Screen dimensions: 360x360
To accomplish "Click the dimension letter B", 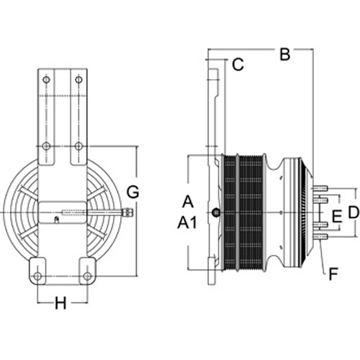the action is [285, 54].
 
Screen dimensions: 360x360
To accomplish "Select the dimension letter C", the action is [238, 65].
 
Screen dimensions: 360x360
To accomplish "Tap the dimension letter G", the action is [132, 192].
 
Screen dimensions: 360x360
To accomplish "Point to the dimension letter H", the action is [60, 303].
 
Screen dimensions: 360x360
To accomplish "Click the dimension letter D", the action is [354, 212].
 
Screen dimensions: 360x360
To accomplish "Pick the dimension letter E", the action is [337, 215].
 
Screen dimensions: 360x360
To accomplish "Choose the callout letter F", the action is [333, 274].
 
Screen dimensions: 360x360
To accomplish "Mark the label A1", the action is [187, 222].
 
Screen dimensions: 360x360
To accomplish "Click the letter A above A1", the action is [188, 202].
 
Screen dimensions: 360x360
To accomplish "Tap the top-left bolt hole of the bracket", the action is [46, 79].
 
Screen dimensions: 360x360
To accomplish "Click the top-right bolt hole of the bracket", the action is [78, 79].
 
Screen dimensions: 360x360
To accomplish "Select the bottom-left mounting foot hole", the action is [37, 276].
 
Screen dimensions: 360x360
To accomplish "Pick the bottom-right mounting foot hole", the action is [88, 276].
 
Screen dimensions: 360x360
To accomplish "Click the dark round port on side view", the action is [216, 212].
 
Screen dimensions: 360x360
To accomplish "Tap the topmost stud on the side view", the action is [320, 188].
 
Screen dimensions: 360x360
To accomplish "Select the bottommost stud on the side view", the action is [320, 237].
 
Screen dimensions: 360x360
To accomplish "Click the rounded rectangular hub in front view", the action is [63, 212].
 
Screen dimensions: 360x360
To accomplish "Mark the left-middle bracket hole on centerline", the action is [46, 146].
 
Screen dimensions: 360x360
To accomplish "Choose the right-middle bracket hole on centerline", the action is [78, 146].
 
